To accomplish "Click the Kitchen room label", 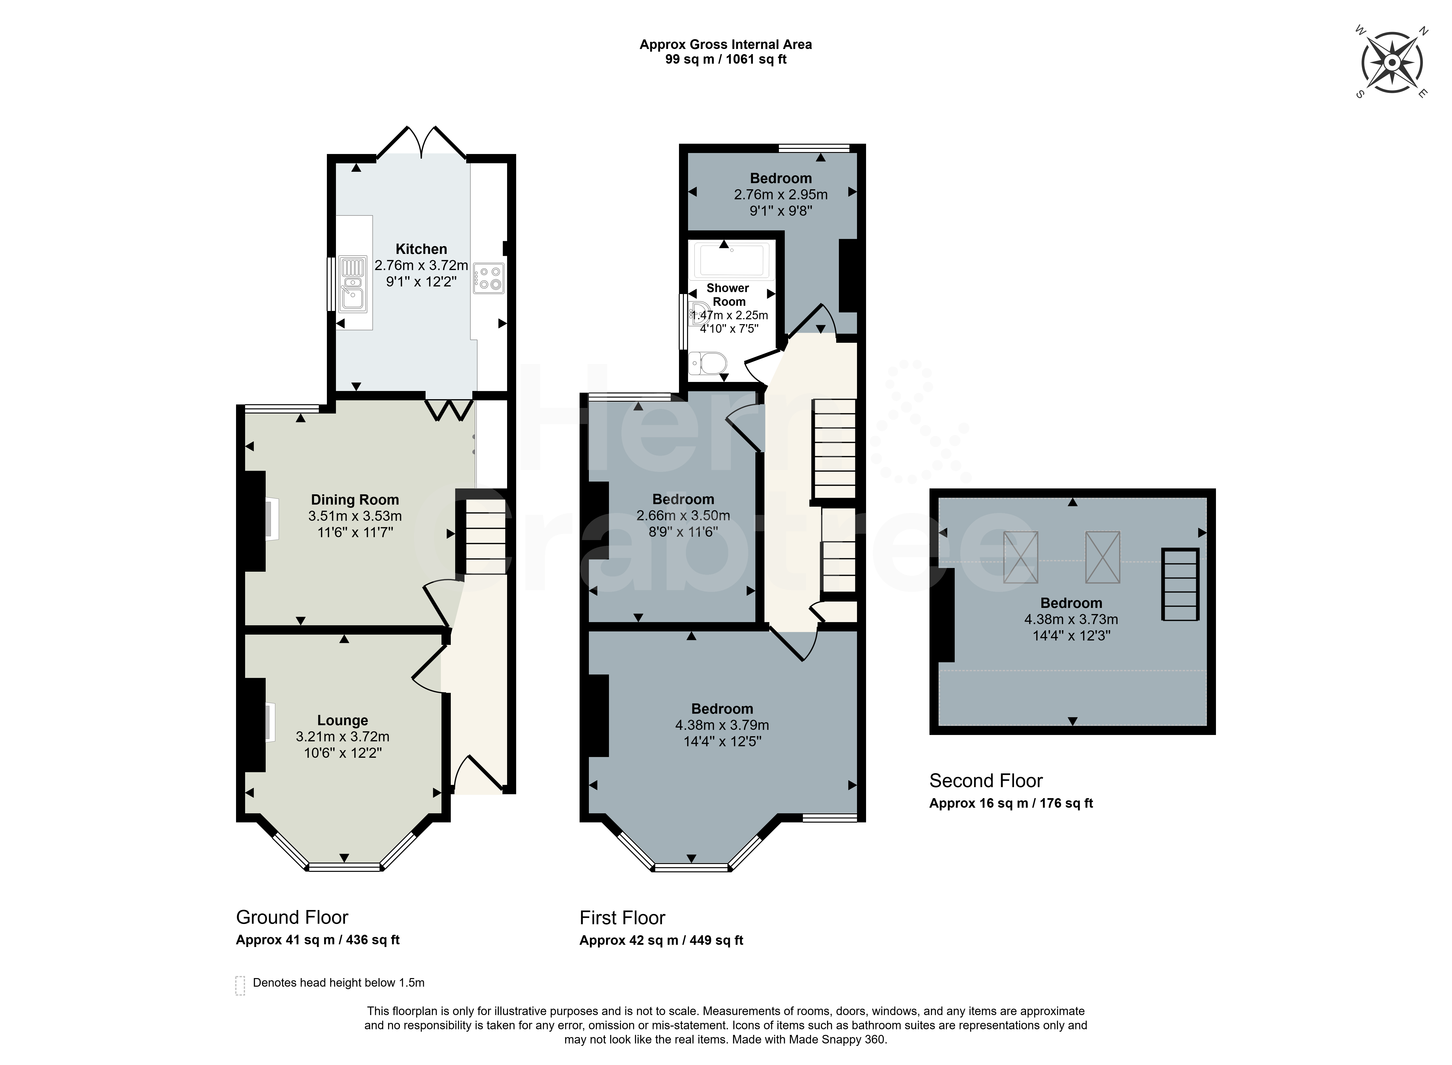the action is pos(421,249).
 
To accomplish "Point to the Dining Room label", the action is pos(355,500).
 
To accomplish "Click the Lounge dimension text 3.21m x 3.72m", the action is pos(342,736).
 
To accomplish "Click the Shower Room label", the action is pos(728,295).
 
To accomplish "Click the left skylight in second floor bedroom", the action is pos(1021,557).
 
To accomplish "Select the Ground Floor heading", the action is pos(292,917).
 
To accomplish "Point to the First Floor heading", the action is pos(622,918).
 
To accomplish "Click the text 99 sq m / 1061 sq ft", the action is pos(726,59).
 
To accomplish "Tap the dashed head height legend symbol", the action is pos(240,986).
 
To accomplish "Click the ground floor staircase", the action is pos(482,532).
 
